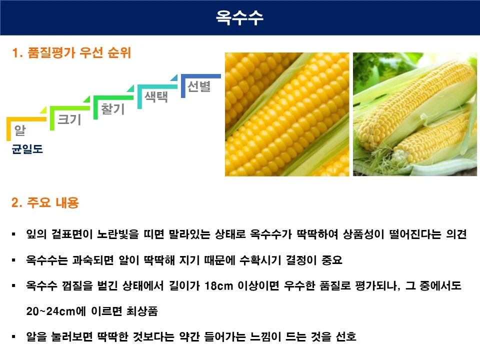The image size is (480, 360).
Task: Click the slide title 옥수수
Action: click(x=240, y=17)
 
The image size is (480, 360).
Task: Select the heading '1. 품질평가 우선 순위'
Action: click(x=71, y=53)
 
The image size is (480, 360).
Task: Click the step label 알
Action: click(x=20, y=131)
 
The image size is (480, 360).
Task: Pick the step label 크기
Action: click(x=69, y=119)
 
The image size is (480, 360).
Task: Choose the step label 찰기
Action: click(x=113, y=108)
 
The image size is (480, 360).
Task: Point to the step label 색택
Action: click(x=156, y=97)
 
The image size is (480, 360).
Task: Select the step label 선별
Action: click(x=199, y=86)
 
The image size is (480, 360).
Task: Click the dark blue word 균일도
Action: click(x=27, y=149)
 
